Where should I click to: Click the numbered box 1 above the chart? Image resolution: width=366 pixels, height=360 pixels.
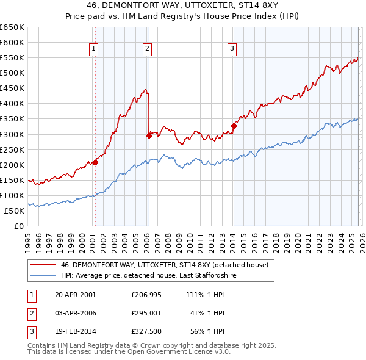tap(95, 49)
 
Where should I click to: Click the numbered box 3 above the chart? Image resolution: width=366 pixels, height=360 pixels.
tap(232, 49)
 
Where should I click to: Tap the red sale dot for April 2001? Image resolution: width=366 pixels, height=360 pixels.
tap(95, 162)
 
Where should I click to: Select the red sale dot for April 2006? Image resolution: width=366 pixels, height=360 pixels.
tap(149, 135)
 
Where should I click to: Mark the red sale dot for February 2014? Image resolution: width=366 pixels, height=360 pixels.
tap(234, 126)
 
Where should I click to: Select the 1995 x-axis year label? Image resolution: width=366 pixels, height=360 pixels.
tap(28, 241)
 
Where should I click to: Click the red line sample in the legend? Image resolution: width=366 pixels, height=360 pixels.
tap(43, 265)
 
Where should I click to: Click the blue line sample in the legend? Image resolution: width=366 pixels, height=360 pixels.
tap(43, 276)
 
